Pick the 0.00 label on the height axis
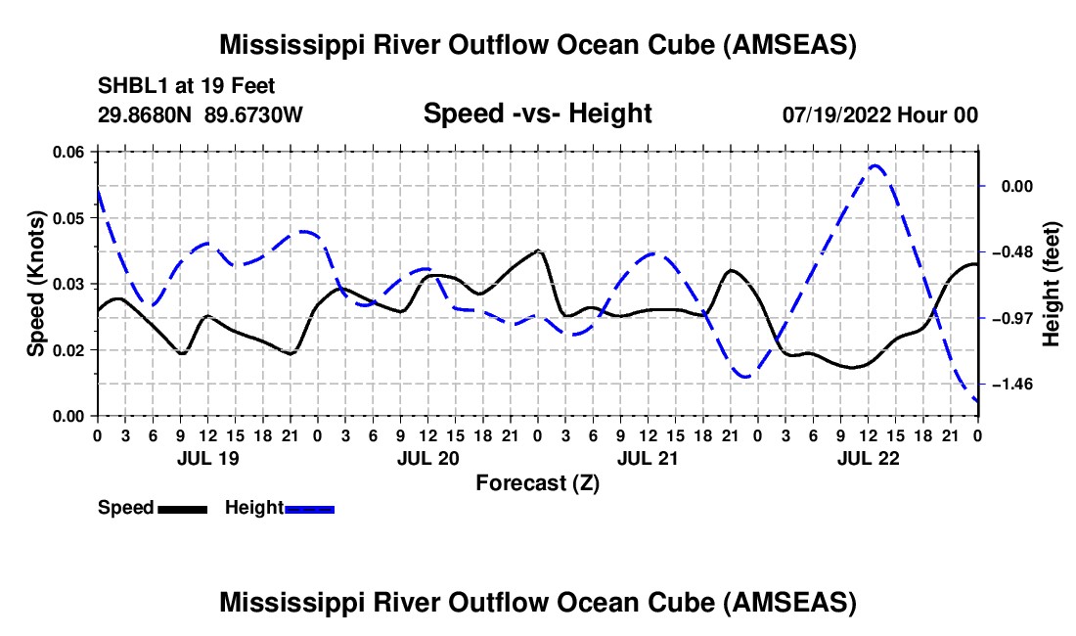coord(1021,186)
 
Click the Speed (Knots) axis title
coord(35,284)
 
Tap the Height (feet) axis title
coord(1052,284)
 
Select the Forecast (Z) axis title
coord(537,482)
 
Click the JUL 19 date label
coord(206,458)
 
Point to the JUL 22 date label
coord(869,458)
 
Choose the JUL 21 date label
coord(648,458)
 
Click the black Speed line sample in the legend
coord(182,509)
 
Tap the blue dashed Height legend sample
coord(309,509)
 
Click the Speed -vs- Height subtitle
coord(537,114)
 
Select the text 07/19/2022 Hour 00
coord(879,114)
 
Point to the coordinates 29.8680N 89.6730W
coord(201,114)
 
